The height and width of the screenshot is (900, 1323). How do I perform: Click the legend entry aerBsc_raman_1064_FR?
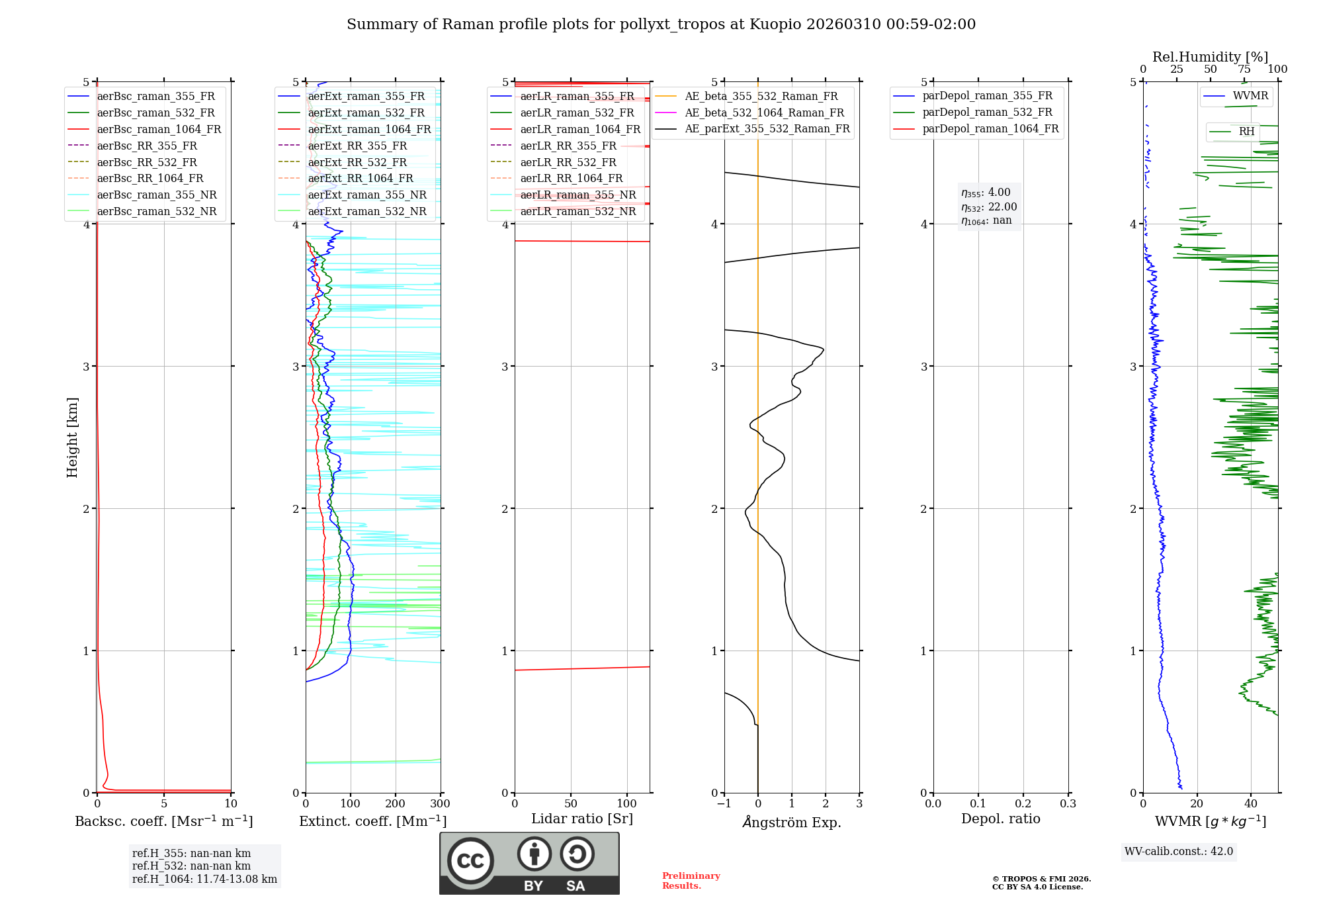pyautogui.click(x=159, y=129)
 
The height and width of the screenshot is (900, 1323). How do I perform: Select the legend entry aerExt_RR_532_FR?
pyautogui.click(x=357, y=162)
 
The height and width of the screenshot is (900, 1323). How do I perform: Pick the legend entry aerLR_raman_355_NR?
pyautogui.click(x=577, y=195)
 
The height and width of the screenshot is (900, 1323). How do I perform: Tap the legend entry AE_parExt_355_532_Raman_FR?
pyautogui.click(x=767, y=128)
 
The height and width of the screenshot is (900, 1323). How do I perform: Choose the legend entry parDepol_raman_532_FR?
pyautogui.click(x=987, y=112)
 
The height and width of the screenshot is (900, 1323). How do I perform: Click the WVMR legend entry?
pyautogui.click(x=1250, y=96)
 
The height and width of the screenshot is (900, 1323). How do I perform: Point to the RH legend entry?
pyautogui.click(x=1246, y=132)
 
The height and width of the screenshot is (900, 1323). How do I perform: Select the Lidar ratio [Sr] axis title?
pyautogui.click(x=582, y=819)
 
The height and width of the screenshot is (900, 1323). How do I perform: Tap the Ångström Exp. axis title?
pyautogui.click(x=792, y=822)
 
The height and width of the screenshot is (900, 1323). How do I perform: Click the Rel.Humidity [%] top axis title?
pyautogui.click(x=1210, y=57)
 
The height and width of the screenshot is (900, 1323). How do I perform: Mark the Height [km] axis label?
pyautogui.click(x=72, y=437)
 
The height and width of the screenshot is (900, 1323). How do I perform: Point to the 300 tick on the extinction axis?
pyautogui.click(x=440, y=804)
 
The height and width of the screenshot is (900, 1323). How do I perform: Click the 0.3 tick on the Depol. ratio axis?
pyautogui.click(x=1068, y=804)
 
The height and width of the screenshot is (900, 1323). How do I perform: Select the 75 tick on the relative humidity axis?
pyautogui.click(x=1244, y=69)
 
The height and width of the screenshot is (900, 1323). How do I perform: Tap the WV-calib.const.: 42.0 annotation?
pyautogui.click(x=1179, y=851)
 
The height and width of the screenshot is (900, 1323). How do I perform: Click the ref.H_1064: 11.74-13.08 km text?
pyautogui.click(x=204, y=879)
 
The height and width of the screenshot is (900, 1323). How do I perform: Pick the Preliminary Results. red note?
pyautogui.click(x=691, y=881)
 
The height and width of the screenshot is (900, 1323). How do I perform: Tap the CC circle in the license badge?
pyautogui.click(x=470, y=861)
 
